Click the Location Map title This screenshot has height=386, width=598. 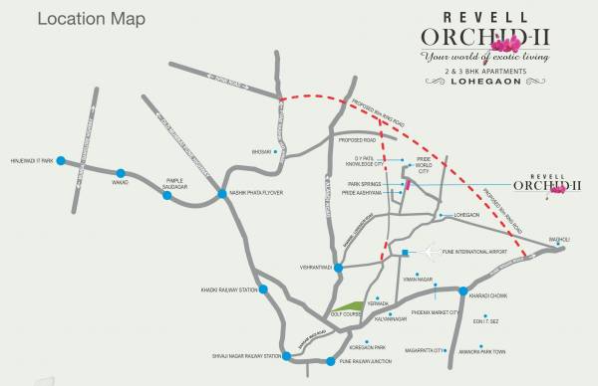pos(76,18)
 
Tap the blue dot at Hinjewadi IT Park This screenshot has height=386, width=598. pos(61,160)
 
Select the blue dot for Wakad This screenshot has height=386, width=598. pos(121,173)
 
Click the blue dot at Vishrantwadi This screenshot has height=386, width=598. pos(339,268)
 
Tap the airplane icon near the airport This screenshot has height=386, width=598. pos(433,253)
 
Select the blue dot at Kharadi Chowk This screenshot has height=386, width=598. pos(462,290)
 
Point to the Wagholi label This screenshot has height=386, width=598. pos(562,238)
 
